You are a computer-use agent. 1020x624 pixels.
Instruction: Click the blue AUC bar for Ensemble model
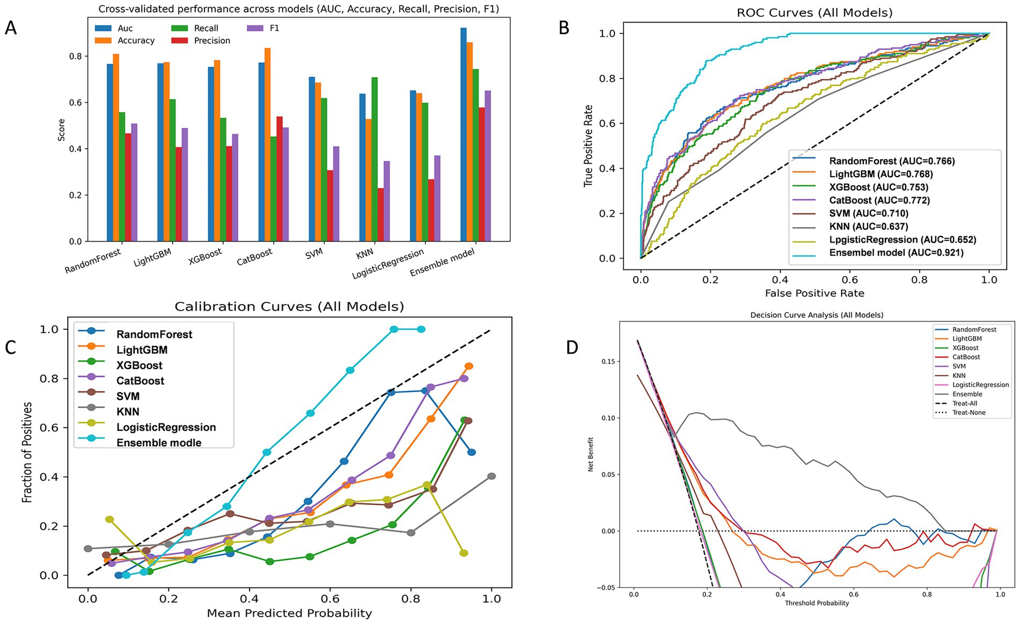[464, 134]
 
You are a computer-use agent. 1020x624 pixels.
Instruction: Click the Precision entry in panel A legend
[212, 41]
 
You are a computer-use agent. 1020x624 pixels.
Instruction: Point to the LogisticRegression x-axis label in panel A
[387, 264]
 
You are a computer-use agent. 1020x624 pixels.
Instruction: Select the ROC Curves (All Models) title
[814, 13]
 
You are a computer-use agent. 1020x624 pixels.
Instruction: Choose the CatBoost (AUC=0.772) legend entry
[879, 200]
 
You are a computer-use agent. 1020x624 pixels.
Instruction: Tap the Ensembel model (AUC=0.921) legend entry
[896, 252]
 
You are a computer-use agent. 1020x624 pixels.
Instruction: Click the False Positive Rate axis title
[814, 293]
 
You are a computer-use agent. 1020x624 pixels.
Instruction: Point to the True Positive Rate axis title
[589, 146]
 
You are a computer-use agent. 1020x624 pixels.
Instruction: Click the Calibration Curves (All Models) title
[289, 307]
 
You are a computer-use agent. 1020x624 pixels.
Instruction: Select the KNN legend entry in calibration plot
[128, 412]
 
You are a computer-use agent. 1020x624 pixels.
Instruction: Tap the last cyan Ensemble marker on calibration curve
[421, 329]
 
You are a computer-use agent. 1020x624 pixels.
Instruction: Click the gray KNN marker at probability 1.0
[491, 476]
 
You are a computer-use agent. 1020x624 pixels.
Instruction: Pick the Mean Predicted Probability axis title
[289, 613]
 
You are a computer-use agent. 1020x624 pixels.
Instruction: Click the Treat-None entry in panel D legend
[969, 413]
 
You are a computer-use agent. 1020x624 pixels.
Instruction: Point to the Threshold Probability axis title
[817, 603]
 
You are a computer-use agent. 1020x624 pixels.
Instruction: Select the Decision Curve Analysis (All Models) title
[817, 315]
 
